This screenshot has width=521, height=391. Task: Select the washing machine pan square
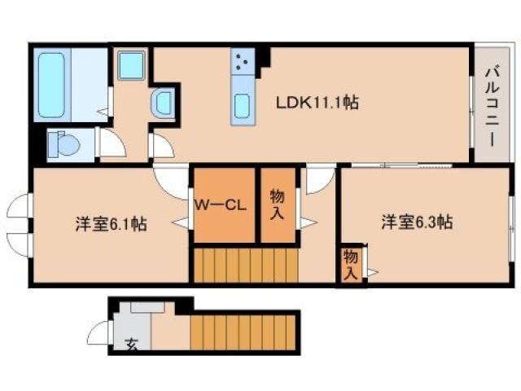(x=131, y=65)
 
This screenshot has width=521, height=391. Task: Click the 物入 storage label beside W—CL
(x=278, y=204)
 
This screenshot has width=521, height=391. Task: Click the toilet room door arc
(x=111, y=145)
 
